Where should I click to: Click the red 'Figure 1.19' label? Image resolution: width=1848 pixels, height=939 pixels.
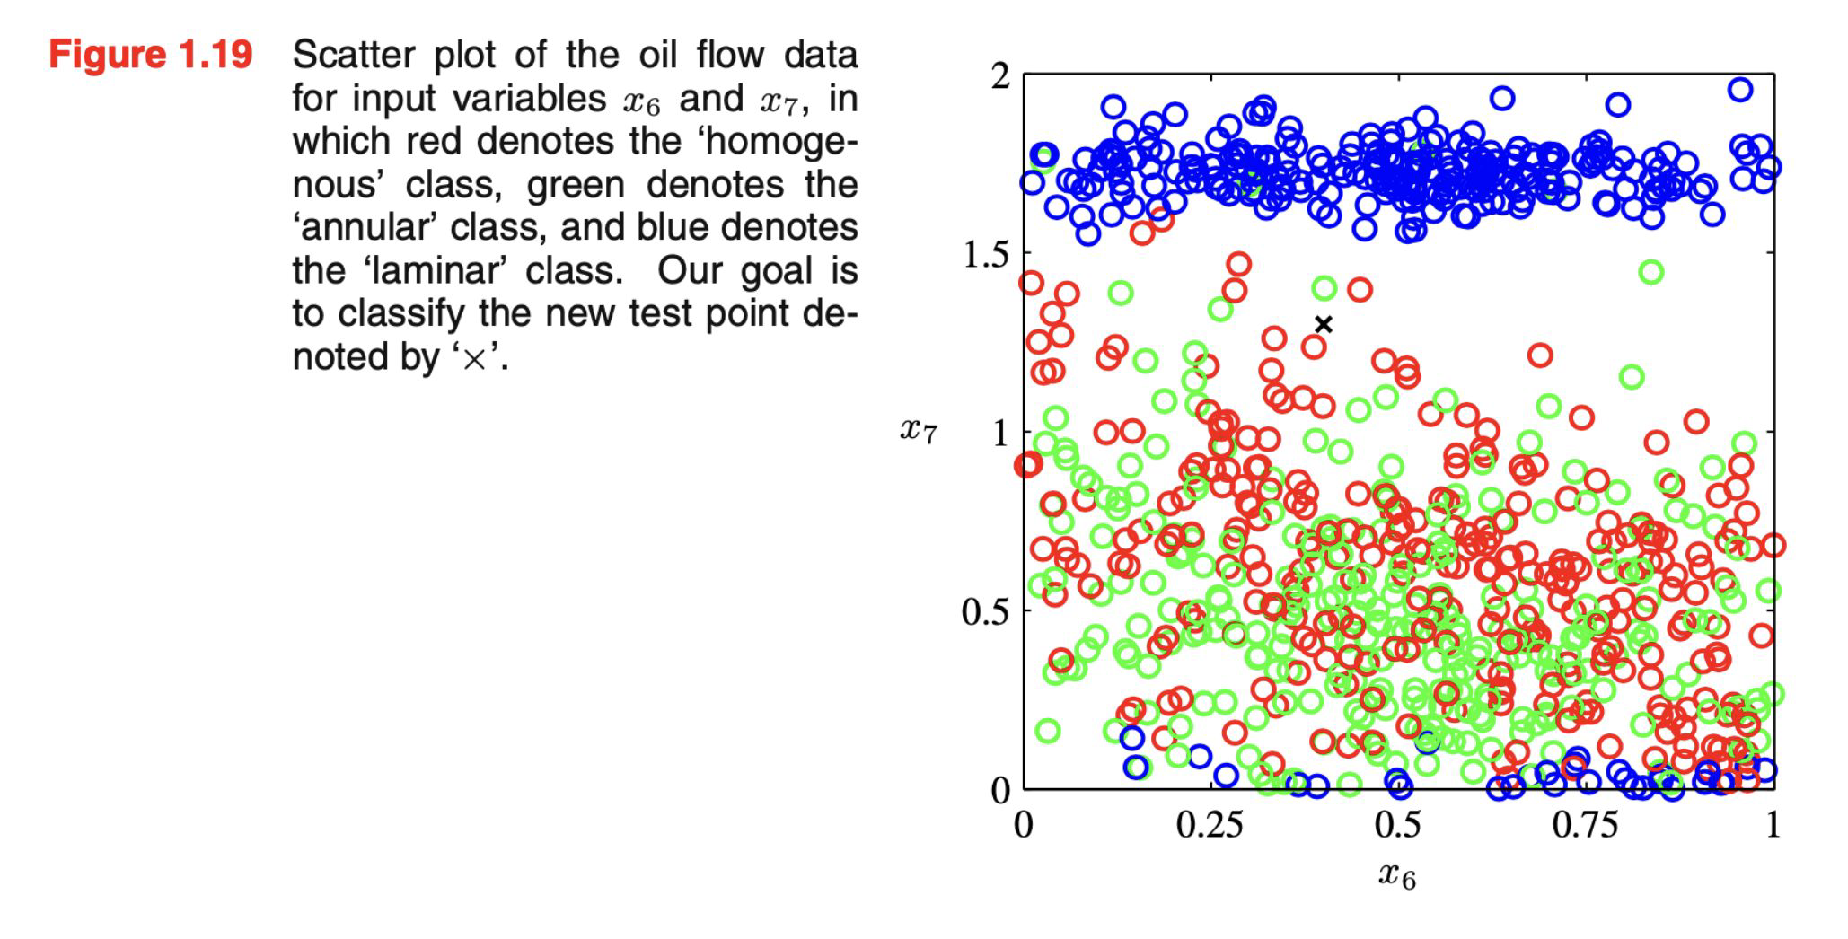click(x=151, y=55)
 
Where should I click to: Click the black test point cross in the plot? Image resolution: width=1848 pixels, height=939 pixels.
click(x=1324, y=325)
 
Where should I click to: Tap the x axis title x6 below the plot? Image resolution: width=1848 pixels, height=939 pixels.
click(x=1397, y=874)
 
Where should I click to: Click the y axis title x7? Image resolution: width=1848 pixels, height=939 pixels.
click(x=919, y=431)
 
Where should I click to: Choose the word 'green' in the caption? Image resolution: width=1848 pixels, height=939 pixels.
click(x=576, y=185)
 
